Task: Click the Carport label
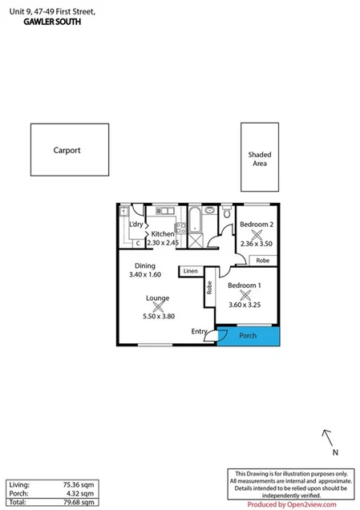67,150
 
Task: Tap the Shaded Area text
258,158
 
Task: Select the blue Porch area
249,335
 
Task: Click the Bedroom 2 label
257,225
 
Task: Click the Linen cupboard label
190,272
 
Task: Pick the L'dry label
136,225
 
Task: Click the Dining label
144,265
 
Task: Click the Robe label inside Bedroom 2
263,261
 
